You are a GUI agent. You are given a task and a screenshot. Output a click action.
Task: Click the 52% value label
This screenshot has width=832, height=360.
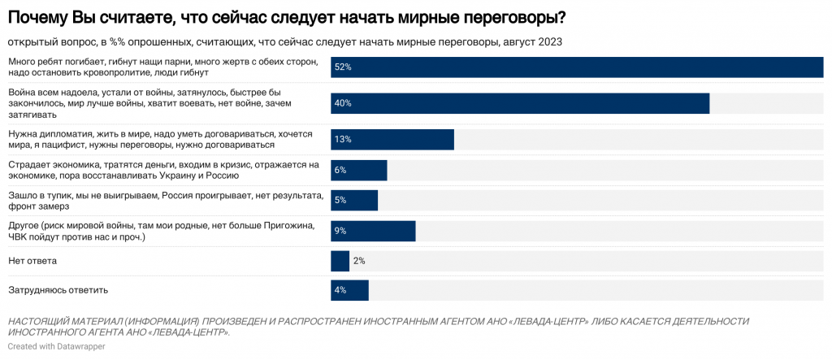[x=341, y=67]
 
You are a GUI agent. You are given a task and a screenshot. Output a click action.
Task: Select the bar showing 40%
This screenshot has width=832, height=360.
[x=520, y=103]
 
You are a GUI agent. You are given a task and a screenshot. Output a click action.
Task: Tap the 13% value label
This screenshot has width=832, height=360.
[x=341, y=140]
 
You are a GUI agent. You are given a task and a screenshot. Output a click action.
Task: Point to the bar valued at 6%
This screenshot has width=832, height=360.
[x=358, y=170]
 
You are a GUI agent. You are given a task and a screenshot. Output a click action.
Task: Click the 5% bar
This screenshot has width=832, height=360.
[x=354, y=200]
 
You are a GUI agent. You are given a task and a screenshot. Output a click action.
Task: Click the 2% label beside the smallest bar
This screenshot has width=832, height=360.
[x=359, y=261]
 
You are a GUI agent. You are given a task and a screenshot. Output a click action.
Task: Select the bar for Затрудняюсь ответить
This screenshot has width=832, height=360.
[x=349, y=290]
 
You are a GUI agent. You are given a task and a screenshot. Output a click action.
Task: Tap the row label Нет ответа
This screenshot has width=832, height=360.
[x=32, y=261]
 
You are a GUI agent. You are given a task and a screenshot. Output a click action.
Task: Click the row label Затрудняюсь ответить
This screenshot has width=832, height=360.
[x=58, y=290]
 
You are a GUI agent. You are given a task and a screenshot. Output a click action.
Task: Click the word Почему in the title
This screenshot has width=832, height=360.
[x=40, y=17]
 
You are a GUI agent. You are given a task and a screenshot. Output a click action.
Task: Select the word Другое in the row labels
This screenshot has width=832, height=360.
[x=25, y=225]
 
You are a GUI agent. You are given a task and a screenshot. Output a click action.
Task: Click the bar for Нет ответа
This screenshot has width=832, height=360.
[x=340, y=261]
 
